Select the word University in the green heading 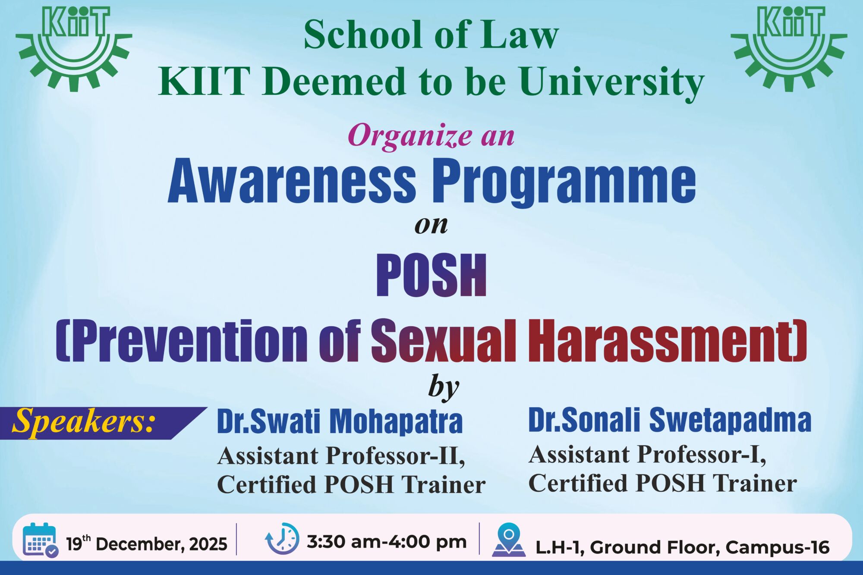612,82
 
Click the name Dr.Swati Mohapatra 340,421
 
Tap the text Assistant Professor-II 341,456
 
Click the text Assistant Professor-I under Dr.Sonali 648,455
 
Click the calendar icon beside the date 40,540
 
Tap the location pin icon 509,540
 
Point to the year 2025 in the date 208,544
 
